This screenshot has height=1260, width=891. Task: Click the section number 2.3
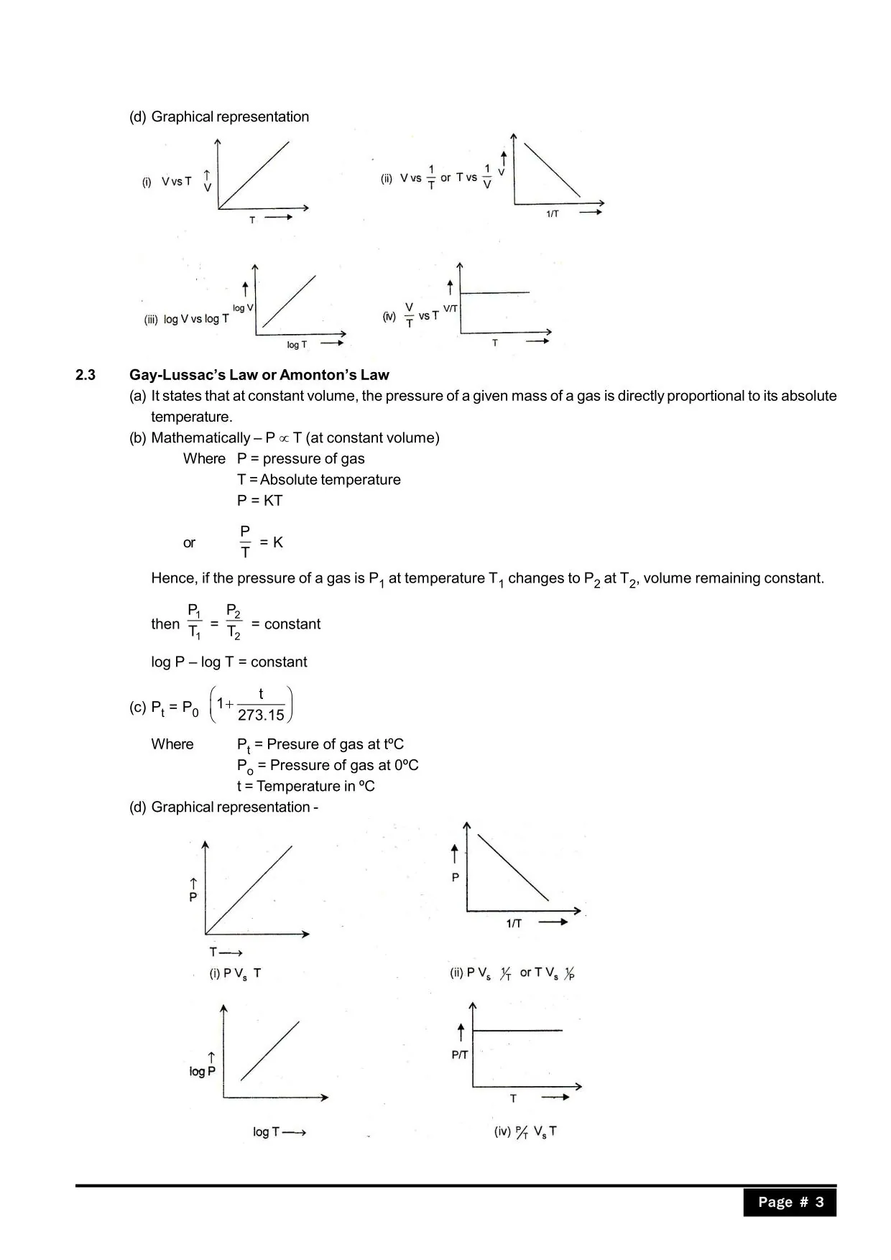pyautogui.click(x=86, y=375)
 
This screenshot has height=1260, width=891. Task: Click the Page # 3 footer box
pyautogui.click(x=790, y=1202)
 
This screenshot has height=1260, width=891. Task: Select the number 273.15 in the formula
pyautogui.click(x=261, y=715)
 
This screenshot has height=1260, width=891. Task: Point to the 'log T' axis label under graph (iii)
pyautogui.click(x=297, y=345)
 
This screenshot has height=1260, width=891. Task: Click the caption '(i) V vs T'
pyautogui.click(x=167, y=182)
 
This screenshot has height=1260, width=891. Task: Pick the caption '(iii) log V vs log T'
pyautogui.click(x=187, y=319)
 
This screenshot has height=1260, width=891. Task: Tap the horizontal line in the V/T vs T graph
pyautogui.click(x=494, y=292)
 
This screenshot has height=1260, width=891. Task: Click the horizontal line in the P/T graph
pyautogui.click(x=517, y=1031)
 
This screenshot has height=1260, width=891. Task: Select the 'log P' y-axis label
pyautogui.click(x=202, y=1071)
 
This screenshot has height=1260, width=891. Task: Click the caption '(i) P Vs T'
pyautogui.click(x=235, y=973)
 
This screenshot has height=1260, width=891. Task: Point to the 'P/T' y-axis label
pyautogui.click(x=460, y=1055)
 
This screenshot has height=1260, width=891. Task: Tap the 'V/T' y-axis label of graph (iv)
pyautogui.click(x=451, y=308)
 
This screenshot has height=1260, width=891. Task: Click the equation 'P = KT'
pyautogui.click(x=260, y=501)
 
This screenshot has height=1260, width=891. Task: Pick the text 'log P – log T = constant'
pyautogui.click(x=229, y=662)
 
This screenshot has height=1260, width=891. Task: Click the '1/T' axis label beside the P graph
pyautogui.click(x=514, y=924)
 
